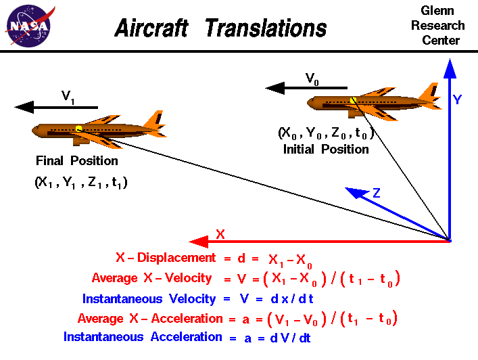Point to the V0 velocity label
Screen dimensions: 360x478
pos(312,78)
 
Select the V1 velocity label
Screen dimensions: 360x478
pos(68,97)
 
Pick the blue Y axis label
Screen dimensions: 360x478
pos(458,99)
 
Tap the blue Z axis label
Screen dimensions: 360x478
pos(377,194)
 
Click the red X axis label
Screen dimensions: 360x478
pos(220,234)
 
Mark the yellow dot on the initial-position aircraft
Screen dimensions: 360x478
pos(354,100)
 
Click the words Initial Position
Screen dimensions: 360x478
pos(326,149)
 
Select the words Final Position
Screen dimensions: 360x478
pos(77,161)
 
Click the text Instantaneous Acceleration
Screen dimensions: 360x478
pos(143,337)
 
